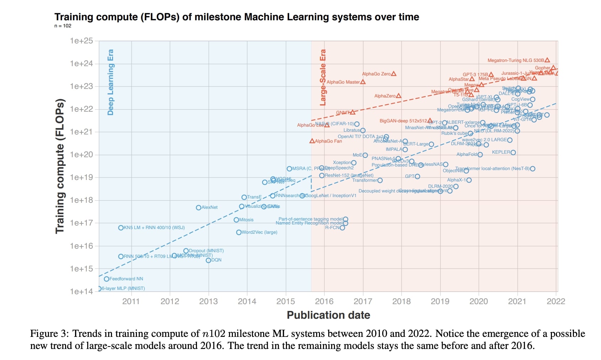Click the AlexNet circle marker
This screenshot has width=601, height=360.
point(198,207)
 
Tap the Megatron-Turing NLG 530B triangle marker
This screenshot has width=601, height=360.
point(547,60)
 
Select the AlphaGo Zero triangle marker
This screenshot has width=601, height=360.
point(394,74)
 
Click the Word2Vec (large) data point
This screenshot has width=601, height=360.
point(239,232)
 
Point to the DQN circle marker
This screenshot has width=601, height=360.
point(208,260)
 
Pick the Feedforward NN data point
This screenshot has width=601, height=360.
point(106,279)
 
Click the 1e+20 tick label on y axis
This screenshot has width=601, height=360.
point(81,154)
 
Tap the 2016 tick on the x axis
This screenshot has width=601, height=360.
point(324,301)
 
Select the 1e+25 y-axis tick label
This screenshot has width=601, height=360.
point(81,41)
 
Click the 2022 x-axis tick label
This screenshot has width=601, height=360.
point(555,301)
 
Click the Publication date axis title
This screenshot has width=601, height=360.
point(328,315)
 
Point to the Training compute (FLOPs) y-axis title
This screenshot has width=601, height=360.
point(60,166)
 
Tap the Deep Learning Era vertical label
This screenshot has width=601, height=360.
point(111,82)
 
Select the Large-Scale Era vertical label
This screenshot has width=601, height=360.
point(323,78)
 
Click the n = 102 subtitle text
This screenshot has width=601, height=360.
point(63,26)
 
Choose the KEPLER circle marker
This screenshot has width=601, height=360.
point(513,152)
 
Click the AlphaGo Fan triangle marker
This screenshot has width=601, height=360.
point(312,141)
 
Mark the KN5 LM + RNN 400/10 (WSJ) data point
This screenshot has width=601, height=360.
point(121,228)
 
